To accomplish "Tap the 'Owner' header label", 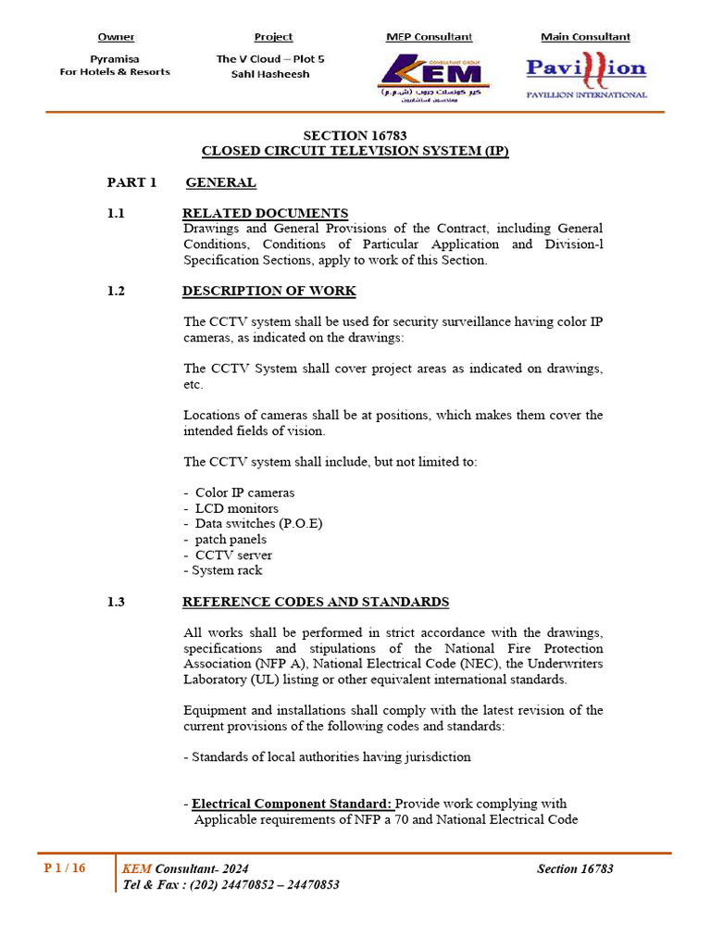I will [x=116, y=37].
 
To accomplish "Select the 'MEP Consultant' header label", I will [x=429, y=37].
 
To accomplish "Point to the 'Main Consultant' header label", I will [x=585, y=37].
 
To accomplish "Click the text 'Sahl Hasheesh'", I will [x=270, y=74].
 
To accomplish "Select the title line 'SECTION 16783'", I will [x=355, y=136].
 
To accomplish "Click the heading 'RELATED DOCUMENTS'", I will [x=265, y=213].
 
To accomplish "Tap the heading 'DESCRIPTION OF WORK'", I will [x=268, y=291].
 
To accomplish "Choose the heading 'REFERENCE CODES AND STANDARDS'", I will [x=316, y=602].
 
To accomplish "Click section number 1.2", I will [x=116, y=291].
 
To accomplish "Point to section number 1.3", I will [x=116, y=602].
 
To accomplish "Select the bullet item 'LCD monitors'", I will [x=236, y=508].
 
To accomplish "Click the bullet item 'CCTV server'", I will [x=233, y=555].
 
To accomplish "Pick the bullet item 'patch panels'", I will [x=231, y=540].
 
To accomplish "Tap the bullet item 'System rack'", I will [x=227, y=570].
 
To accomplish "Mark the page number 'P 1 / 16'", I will [x=65, y=868].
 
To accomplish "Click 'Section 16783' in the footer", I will [x=575, y=868].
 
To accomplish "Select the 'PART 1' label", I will [x=132, y=182].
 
